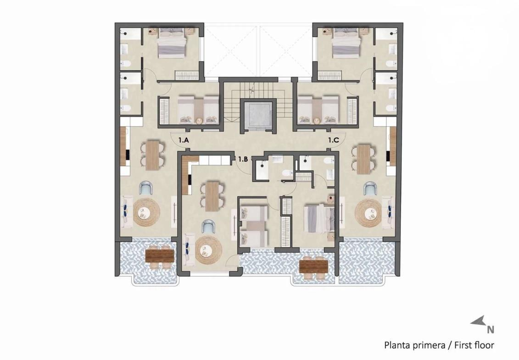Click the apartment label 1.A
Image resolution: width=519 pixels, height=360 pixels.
pos(184,140)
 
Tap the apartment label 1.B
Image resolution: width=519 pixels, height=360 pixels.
pos(243,159)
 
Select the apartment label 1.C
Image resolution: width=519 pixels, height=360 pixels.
pos(334,140)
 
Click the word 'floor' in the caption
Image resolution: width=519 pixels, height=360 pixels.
pos(484,345)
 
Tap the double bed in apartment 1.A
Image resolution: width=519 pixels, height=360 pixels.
pos(172,43)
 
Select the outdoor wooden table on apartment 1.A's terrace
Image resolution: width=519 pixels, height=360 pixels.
pos(160,255)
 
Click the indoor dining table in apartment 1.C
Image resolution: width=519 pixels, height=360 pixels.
pos(363,159)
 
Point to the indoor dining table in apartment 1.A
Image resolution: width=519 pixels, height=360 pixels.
pos(153,155)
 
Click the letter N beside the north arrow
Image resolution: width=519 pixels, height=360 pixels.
pos(491,330)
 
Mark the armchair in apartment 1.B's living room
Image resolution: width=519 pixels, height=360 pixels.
pos(208,227)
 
